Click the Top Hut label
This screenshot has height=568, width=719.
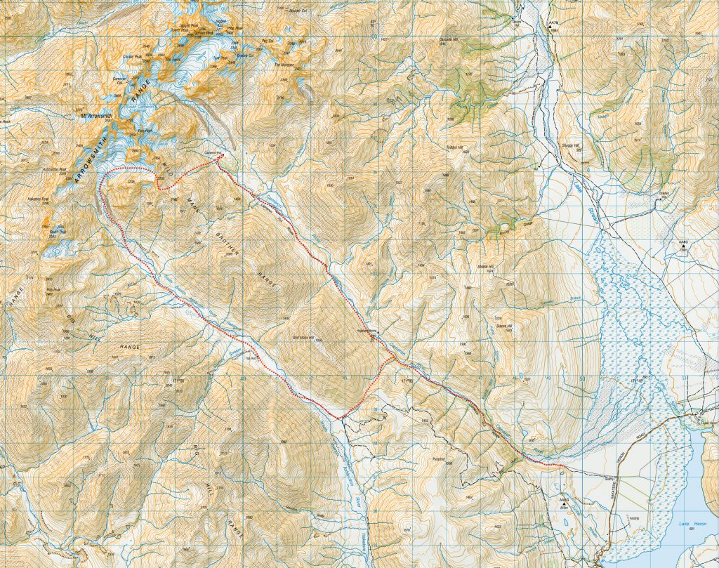[x=248, y=356]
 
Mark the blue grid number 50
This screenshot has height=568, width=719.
[x=581, y=379]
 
